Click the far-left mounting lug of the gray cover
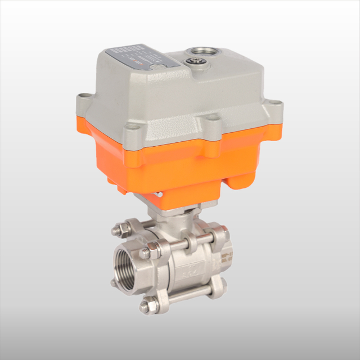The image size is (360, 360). tap(84, 98)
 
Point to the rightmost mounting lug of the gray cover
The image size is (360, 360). tap(276, 105)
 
